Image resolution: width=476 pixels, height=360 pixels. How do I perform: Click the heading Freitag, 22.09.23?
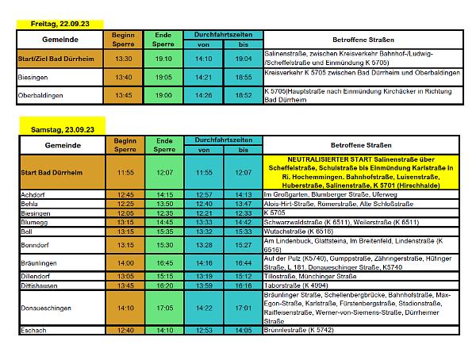pos(54,25)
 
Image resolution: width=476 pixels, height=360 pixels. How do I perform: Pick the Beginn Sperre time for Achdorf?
pos(124,195)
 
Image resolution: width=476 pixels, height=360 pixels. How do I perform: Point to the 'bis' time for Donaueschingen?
pos(243,308)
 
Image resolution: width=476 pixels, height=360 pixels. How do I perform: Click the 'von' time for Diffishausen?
pos(204,285)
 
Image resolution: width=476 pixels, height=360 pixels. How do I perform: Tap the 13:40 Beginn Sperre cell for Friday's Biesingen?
pos(124,77)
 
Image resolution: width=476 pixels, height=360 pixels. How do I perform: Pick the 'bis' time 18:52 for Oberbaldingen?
pos(243,95)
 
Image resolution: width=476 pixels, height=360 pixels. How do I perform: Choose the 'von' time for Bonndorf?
pos(204,245)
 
